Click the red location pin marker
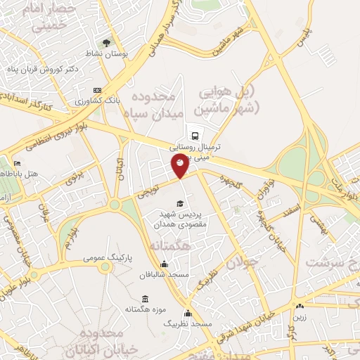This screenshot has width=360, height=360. (180, 165)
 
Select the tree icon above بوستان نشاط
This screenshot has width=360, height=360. (108, 41)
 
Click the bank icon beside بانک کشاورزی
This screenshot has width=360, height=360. (96, 90)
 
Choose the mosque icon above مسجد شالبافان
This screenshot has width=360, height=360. (165, 264)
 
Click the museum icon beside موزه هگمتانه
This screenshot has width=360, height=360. (145, 299)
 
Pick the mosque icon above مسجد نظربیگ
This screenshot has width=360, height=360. (187, 314)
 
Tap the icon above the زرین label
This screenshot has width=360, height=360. (300, 306)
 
